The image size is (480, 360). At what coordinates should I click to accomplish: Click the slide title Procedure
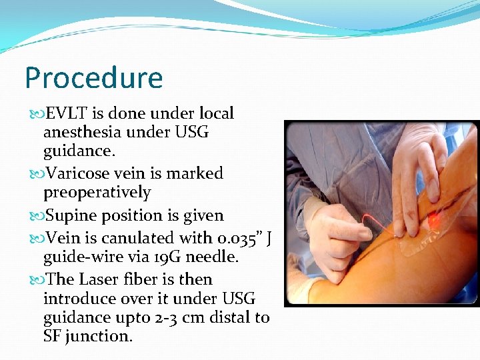tap(93, 78)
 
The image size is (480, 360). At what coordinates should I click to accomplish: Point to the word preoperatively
tap(97, 193)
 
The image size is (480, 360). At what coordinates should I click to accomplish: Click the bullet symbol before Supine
tap(36, 216)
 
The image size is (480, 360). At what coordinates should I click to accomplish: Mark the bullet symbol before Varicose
tap(36, 174)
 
